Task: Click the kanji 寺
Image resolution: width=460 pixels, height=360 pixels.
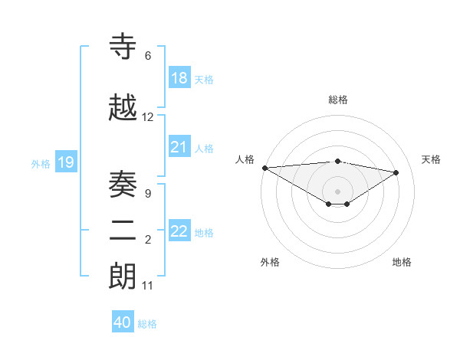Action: click(x=123, y=47)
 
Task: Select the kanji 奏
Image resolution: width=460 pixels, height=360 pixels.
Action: click(x=123, y=184)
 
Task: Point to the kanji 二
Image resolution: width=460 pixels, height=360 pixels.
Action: click(x=123, y=231)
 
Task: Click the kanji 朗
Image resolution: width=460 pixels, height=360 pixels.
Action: click(x=123, y=277)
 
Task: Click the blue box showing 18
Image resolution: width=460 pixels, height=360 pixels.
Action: click(x=179, y=77)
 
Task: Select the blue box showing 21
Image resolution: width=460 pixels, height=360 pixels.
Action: click(x=179, y=147)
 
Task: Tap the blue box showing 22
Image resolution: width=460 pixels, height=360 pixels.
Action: click(x=179, y=231)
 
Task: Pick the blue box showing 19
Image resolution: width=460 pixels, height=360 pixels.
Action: click(x=66, y=162)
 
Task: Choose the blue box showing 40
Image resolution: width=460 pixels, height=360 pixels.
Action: click(x=123, y=322)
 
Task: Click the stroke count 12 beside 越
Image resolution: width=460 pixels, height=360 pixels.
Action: click(x=148, y=117)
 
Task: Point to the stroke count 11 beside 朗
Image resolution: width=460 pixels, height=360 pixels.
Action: click(x=148, y=286)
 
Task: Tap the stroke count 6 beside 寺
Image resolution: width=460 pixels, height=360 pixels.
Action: click(x=148, y=56)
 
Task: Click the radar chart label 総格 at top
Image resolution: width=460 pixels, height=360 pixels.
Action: click(x=338, y=100)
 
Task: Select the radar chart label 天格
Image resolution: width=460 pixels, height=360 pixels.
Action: click(x=432, y=159)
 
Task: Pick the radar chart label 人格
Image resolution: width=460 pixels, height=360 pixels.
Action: click(x=245, y=159)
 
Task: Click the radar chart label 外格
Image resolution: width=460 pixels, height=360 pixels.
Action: click(x=270, y=262)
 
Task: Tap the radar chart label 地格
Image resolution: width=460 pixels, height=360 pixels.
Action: click(x=402, y=262)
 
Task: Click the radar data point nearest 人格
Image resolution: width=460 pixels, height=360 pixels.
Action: click(x=264, y=168)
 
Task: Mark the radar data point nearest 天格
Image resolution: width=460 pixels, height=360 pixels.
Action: click(x=396, y=172)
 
